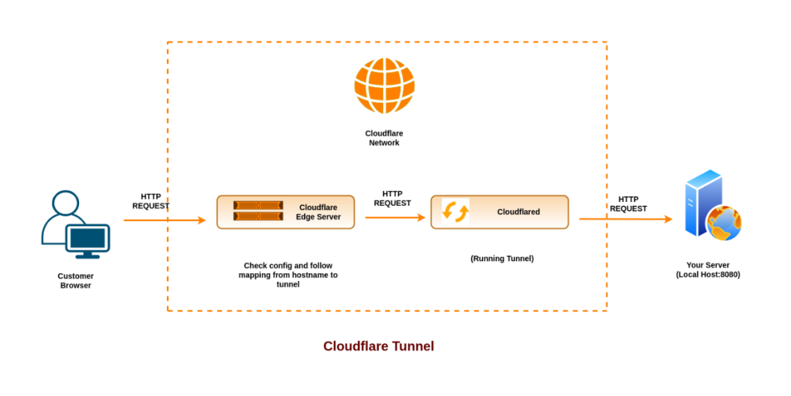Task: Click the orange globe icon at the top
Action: tap(385, 86)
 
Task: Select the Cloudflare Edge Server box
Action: tap(286, 212)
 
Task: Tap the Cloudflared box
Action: tap(500, 212)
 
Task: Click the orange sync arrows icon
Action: tap(455, 212)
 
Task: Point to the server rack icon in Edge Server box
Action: tap(258, 211)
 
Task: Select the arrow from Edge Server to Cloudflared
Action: tap(395, 217)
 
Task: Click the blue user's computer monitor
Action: tap(87, 238)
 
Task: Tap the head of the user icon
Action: tap(65, 203)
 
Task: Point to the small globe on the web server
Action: tap(724, 223)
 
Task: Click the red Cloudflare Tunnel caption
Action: tap(379, 345)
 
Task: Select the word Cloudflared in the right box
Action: tap(519, 212)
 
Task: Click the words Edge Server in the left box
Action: tap(319, 217)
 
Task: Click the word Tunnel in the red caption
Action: tap(412, 345)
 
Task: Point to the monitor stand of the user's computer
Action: tap(87, 255)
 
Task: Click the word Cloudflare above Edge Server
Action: tap(319, 207)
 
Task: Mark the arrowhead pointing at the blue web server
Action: tap(668, 219)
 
